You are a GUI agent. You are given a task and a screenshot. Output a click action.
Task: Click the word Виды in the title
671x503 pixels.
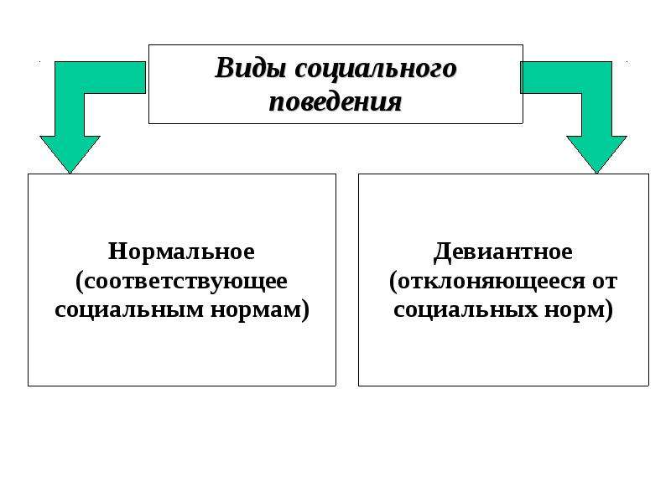(x=250, y=69)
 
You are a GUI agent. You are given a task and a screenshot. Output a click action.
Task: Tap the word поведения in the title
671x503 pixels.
(x=335, y=102)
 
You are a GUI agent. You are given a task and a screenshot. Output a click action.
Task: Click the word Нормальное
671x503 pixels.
(x=181, y=251)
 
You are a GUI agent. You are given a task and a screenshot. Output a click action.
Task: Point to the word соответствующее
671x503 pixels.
(x=185, y=282)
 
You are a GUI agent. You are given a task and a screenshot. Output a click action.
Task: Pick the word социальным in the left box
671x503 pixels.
(x=129, y=309)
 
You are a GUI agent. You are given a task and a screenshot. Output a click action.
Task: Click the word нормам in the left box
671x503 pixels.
(x=256, y=309)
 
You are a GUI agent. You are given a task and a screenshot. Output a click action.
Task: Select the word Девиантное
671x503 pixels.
(x=502, y=251)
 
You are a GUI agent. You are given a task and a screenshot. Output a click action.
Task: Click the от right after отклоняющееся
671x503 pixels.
(x=605, y=282)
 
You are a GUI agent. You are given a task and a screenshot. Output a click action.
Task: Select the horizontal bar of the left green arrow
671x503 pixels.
(x=100, y=77)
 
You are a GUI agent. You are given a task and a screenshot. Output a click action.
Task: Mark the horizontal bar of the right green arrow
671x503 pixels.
(x=565, y=77)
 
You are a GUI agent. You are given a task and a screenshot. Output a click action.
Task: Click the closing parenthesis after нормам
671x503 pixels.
(x=304, y=310)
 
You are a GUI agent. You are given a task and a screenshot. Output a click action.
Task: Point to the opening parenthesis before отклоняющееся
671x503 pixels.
(x=393, y=283)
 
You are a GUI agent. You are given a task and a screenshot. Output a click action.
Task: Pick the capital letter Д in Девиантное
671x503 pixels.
(x=442, y=252)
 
